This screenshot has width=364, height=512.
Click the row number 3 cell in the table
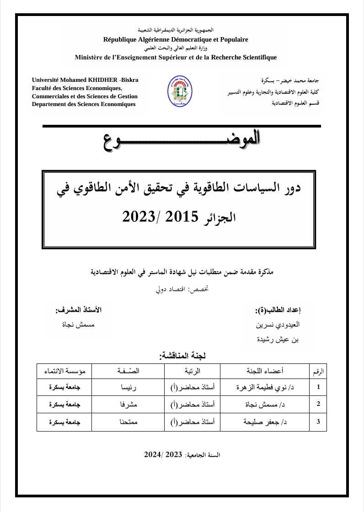tap(318, 421)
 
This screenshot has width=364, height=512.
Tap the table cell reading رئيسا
tap(128, 388)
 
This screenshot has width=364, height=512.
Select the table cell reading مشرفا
tap(128, 405)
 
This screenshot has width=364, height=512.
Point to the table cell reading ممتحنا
tap(128, 421)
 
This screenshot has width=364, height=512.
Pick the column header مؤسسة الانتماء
tap(64, 371)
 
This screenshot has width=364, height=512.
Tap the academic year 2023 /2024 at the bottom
tap(163, 454)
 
